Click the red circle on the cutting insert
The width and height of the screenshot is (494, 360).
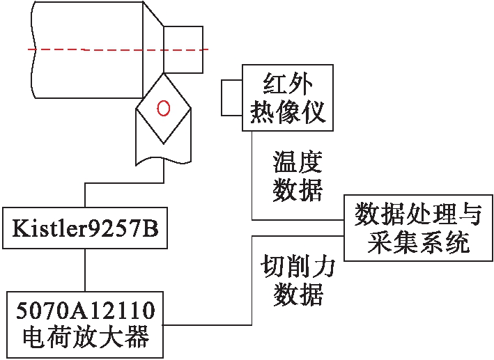163,108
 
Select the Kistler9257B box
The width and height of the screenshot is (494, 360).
85,227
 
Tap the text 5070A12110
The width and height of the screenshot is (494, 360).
85,308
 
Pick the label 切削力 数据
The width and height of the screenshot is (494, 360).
298,281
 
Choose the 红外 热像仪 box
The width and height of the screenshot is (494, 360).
287,97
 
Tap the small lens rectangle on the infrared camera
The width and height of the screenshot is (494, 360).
231,97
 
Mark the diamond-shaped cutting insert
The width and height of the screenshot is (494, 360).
163,109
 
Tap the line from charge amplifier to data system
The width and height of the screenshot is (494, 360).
251,292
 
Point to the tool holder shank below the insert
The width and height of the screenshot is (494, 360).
163,150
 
